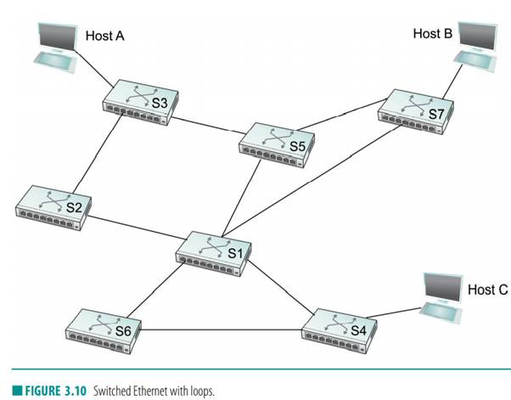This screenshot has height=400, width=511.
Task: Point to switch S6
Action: coord(104,324)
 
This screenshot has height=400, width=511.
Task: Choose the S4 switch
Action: coord(339,324)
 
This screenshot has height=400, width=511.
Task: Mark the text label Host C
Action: coord(487,290)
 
